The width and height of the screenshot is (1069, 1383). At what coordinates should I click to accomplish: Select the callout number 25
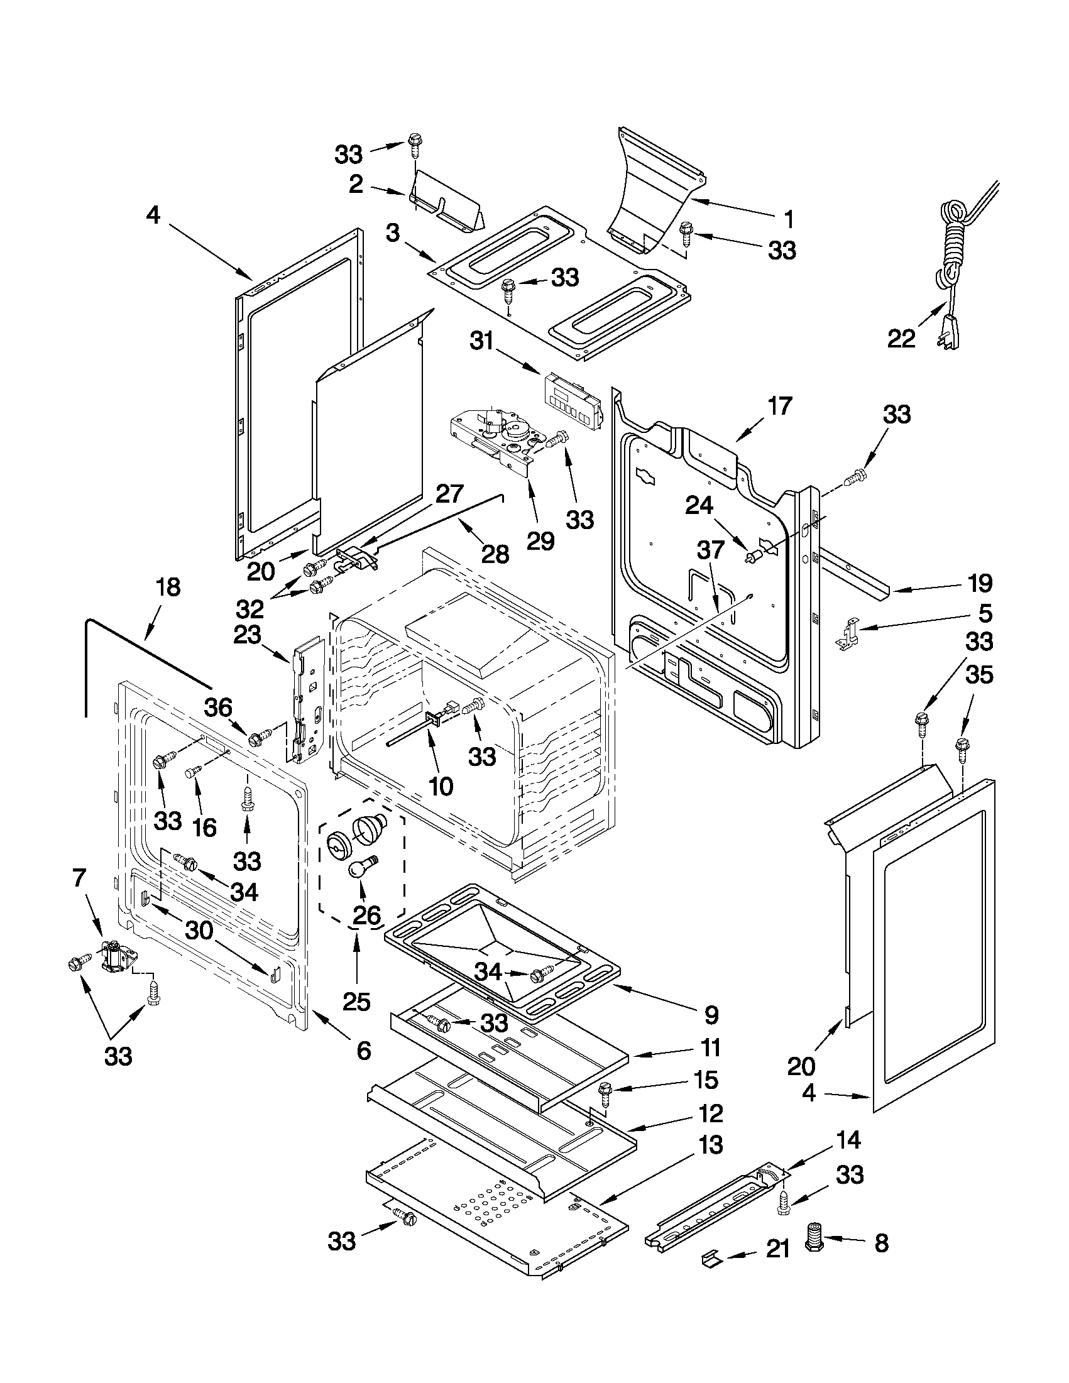[x=356, y=1001]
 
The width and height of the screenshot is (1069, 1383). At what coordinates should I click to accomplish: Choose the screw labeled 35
[x=962, y=746]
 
